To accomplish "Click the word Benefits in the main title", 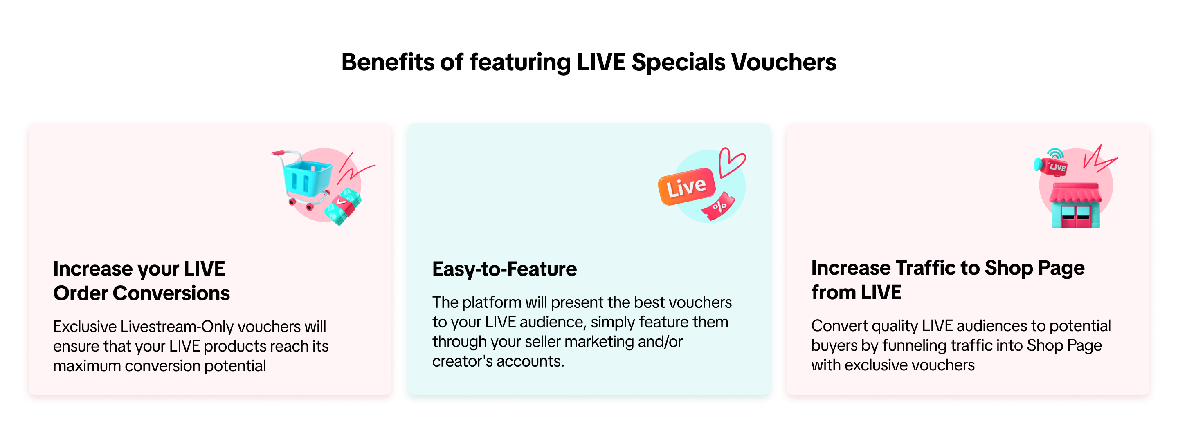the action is coord(388,62).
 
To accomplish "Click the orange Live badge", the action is coord(686,186).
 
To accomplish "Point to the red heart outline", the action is coord(731,162).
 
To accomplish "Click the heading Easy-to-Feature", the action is coord(504,269).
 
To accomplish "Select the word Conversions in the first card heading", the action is coord(171,293).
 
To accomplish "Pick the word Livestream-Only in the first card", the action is coord(177,327).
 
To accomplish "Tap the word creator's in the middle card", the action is coord(462,362).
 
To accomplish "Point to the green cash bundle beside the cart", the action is coord(343,207).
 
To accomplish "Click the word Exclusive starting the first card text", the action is coord(85,327).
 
